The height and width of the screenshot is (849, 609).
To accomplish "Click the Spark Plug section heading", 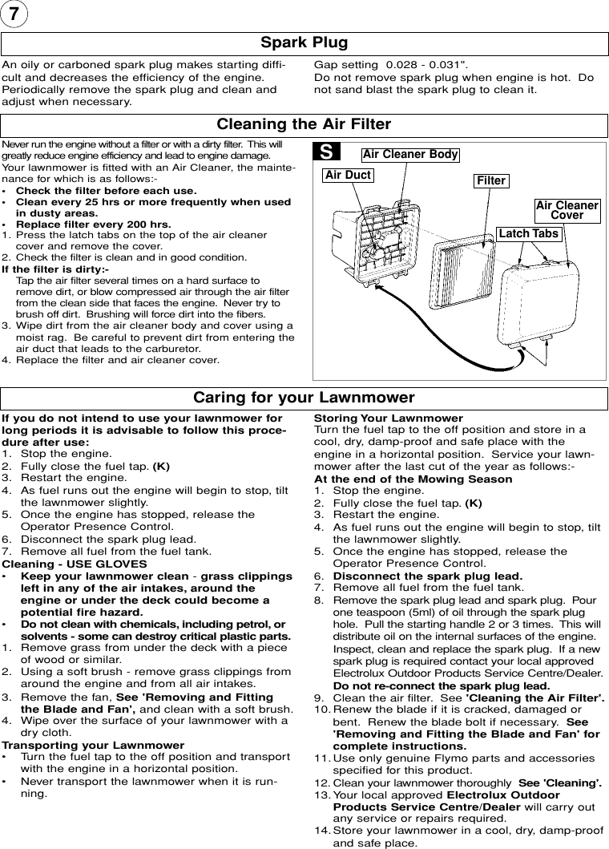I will (x=304, y=42).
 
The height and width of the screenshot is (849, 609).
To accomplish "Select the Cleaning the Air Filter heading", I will (x=304, y=124).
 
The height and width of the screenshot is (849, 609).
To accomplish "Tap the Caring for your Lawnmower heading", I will (x=304, y=398).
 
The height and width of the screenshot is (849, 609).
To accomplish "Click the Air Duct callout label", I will (x=349, y=174).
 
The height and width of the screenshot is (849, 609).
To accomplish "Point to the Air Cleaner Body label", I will (x=410, y=154).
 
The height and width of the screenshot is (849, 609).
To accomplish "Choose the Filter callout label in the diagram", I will (x=491, y=180).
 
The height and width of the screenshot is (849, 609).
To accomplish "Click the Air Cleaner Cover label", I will (x=567, y=210).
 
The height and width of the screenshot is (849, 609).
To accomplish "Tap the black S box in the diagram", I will (x=327, y=152).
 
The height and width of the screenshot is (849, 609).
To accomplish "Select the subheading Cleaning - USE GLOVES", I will (x=75, y=564).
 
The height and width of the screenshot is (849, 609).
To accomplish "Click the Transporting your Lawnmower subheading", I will (x=93, y=745).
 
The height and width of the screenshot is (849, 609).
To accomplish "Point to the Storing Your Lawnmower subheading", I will (x=388, y=418).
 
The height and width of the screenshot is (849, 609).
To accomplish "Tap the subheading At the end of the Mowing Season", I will (x=413, y=479).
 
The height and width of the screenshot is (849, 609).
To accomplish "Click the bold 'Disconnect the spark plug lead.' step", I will (x=427, y=576).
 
